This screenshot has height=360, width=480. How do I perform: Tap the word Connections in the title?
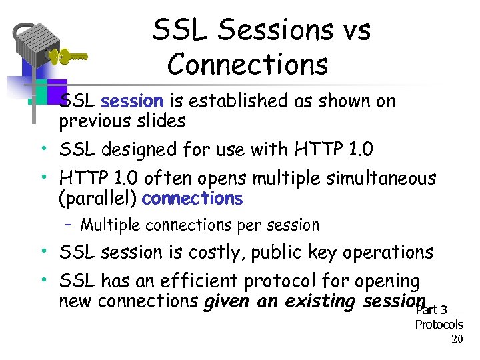[x=248, y=65]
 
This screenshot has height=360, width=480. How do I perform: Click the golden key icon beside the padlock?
[x=67, y=58]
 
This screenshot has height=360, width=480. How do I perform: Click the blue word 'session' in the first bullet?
[x=131, y=101]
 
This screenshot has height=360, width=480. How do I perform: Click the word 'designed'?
[x=145, y=150]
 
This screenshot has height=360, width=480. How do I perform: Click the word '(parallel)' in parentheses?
[x=98, y=199]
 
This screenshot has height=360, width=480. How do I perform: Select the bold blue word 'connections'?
[x=193, y=199]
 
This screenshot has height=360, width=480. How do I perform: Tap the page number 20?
[x=457, y=339]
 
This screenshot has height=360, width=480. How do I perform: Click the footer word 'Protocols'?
[x=439, y=325]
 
